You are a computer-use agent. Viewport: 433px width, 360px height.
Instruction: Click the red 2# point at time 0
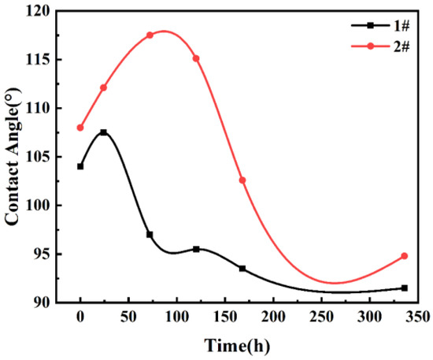(x=80, y=128)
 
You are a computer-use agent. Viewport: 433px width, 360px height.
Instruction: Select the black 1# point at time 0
(x=80, y=166)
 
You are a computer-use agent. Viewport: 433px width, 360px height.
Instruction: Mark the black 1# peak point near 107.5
(x=103, y=132)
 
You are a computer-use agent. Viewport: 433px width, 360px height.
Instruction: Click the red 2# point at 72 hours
(x=150, y=35)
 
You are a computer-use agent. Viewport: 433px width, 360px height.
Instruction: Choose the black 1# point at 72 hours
(x=150, y=235)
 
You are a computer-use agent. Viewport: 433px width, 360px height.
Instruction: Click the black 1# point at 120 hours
(x=196, y=249)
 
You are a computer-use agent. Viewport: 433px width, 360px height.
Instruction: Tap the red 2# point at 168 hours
(x=242, y=180)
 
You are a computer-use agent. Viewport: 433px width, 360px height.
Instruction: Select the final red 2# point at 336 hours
(x=405, y=256)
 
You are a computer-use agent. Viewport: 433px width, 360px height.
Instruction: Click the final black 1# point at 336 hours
(x=405, y=288)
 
